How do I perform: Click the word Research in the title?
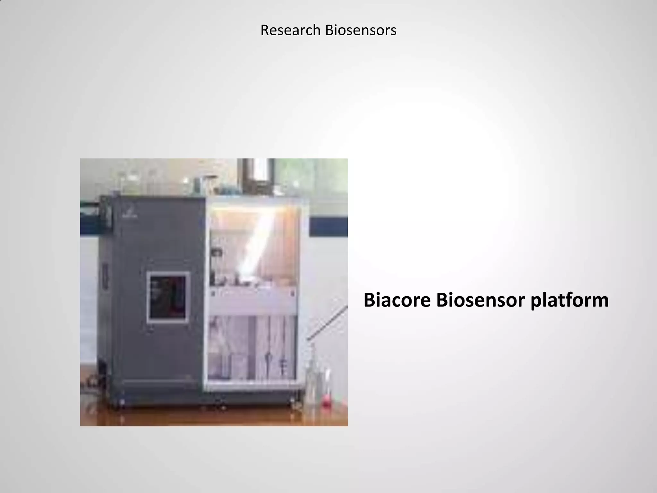[x=290, y=30]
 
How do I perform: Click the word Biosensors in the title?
[x=361, y=30]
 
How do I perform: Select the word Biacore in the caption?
[x=397, y=300]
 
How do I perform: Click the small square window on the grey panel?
[x=168, y=297]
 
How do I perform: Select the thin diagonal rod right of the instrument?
[x=327, y=323]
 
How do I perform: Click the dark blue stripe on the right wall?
[x=328, y=227]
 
